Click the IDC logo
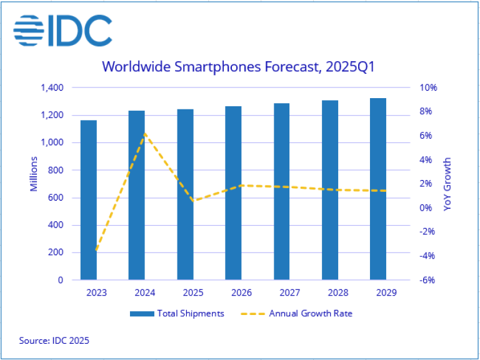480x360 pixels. click(62, 28)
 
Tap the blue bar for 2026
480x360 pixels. click(233, 193)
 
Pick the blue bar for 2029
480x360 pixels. click(378, 189)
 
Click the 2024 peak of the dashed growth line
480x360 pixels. click(144, 132)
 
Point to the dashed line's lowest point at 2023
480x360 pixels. click(96, 251)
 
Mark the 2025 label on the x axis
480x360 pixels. click(185, 292)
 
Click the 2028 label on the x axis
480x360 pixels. click(330, 292)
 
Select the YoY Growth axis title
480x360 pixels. click(447, 184)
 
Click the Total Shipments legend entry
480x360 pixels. click(177, 313)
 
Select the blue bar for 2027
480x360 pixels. click(281, 191)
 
